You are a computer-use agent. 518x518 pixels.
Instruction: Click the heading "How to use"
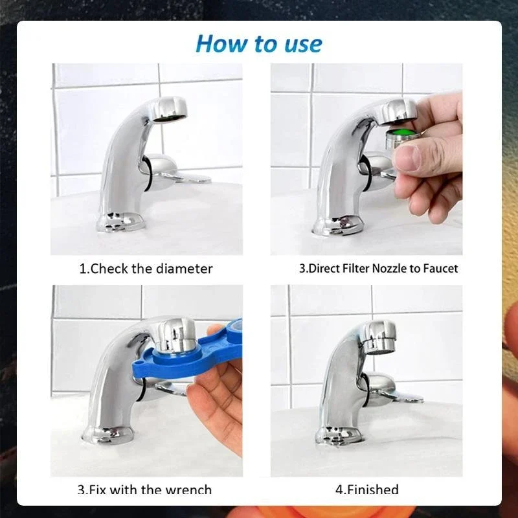258,43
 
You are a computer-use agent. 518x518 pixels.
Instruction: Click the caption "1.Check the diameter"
146,268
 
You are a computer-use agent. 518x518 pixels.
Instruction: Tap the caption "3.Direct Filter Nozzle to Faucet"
378,268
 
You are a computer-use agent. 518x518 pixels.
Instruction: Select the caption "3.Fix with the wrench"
144,490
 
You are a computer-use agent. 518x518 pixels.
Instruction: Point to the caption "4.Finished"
366,490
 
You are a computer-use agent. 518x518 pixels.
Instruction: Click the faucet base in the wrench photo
107,435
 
